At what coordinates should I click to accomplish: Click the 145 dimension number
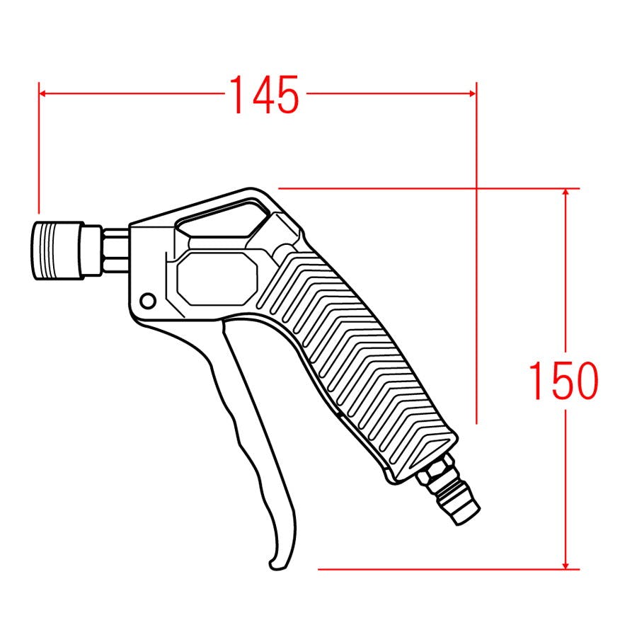pos(264,94)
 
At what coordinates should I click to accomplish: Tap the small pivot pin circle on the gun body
pos(147,301)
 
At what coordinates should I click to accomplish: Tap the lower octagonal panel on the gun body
pos(218,278)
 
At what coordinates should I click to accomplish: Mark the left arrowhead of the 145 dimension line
pos(42,93)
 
